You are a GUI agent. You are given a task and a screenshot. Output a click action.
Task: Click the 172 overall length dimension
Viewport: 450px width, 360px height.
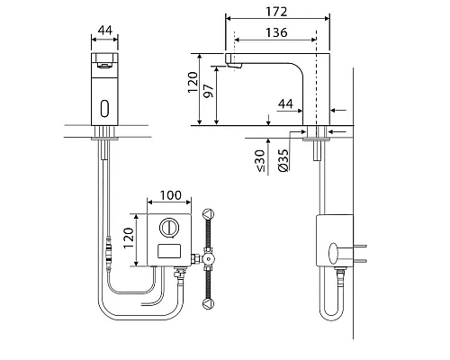click(x=276, y=12)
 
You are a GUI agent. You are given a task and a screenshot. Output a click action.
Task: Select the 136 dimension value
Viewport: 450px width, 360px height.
click(x=276, y=32)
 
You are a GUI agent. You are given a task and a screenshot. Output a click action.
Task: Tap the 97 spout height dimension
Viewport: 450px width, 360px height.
click(x=209, y=91)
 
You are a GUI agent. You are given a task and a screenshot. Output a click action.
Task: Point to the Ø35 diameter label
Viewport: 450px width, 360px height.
click(x=283, y=160)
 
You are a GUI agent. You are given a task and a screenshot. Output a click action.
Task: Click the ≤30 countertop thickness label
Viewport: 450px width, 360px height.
click(x=260, y=161)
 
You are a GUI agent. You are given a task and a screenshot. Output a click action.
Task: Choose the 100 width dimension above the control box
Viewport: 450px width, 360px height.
click(x=170, y=195)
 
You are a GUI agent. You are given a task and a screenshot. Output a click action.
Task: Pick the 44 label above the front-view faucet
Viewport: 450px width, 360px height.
click(x=105, y=30)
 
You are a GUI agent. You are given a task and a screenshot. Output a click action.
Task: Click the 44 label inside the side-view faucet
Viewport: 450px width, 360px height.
click(x=285, y=103)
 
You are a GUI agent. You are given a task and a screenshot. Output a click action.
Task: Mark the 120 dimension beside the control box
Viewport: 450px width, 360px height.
click(x=129, y=238)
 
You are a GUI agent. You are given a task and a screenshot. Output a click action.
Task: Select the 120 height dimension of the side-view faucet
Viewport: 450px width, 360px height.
click(x=193, y=82)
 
